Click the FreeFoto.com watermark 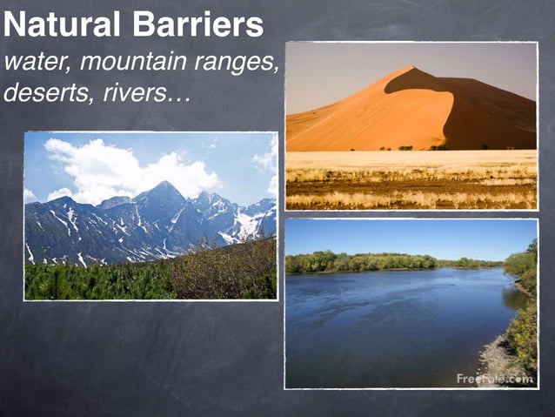click(x=494, y=379)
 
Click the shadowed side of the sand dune click(x=487, y=113)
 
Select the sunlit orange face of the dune click(x=365, y=118)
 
